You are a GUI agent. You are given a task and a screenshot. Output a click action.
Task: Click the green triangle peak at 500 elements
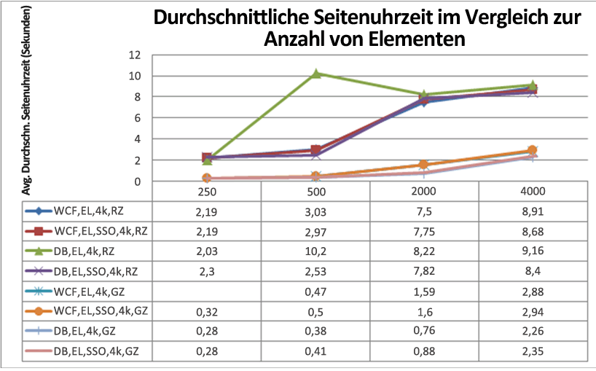pyautogui.click(x=316, y=74)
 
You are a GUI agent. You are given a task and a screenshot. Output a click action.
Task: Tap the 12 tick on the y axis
pyautogui.click(x=135, y=55)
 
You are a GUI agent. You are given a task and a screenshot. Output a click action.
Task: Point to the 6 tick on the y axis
pyautogui.click(x=137, y=118)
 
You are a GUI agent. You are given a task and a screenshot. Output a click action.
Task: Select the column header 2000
pyautogui.click(x=424, y=191)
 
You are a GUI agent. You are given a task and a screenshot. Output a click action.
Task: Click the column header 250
pyautogui.click(x=207, y=191)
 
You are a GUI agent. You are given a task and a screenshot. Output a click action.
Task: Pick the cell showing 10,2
pyautogui.click(x=315, y=251)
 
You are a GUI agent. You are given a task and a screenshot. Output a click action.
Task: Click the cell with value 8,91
pyautogui.click(x=533, y=211)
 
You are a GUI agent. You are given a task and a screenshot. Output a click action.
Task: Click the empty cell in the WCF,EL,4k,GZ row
pyautogui.click(x=207, y=291)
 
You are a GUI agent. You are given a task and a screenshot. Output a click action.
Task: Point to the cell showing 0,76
pyautogui.click(x=424, y=331)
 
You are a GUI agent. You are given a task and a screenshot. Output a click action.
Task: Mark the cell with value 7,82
pyautogui.click(x=424, y=271)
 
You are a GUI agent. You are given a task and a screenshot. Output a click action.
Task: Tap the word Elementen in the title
pyautogui.click(x=417, y=39)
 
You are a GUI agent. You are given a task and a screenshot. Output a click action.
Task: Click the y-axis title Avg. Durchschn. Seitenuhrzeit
pyautogui.click(x=26, y=101)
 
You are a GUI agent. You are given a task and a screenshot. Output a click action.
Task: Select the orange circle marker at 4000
pyautogui.click(x=532, y=149)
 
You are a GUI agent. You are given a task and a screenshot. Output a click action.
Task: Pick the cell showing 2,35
pyautogui.click(x=533, y=351)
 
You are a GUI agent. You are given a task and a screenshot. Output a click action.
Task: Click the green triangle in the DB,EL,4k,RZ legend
pyautogui.click(x=39, y=251)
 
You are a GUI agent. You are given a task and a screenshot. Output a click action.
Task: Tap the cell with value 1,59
pyautogui.click(x=424, y=291)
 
